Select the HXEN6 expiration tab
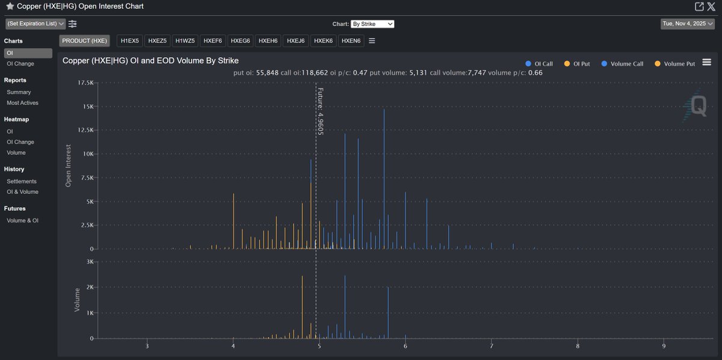pyautogui.click(x=351, y=41)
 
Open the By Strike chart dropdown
pyautogui.click(x=372, y=24)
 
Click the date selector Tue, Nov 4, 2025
pyautogui.click(x=687, y=24)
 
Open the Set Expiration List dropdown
pyautogui.click(x=35, y=24)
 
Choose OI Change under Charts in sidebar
pyautogui.click(x=20, y=64)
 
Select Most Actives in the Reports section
pyautogui.click(x=22, y=103)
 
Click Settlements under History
pyautogui.click(x=22, y=181)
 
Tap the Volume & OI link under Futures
pyautogui.click(x=22, y=220)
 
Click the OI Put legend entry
pyautogui.click(x=579, y=63)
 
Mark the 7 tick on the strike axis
pyautogui.click(x=492, y=346)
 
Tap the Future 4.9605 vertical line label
pyautogui.click(x=321, y=111)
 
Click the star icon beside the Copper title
pyautogui.click(x=10, y=6)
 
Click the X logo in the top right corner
pyautogui.click(x=711, y=6)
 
